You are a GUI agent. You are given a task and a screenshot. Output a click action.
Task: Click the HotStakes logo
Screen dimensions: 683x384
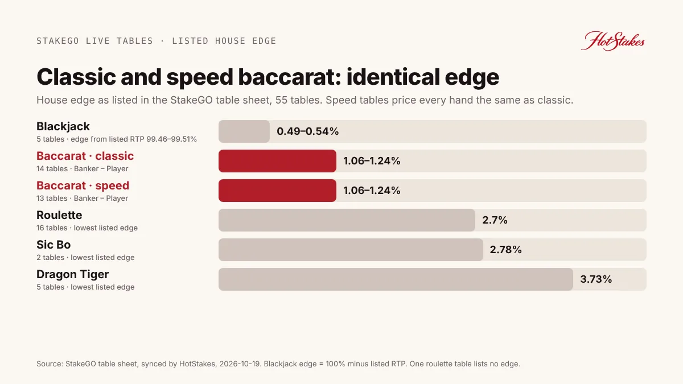point(613,41)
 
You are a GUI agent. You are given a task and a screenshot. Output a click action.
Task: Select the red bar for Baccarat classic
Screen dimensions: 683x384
point(278,161)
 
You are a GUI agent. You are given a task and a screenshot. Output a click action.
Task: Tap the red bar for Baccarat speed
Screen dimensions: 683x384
point(278,191)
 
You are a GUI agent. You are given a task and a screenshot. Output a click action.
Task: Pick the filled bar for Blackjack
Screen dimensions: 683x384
point(244,131)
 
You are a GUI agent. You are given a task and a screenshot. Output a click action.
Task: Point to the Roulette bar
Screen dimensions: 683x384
point(347,220)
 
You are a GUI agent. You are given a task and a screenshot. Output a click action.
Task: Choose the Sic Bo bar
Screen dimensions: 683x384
point(351,250)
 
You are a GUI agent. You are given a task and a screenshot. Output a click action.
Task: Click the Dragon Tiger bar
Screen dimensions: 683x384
point(396,279)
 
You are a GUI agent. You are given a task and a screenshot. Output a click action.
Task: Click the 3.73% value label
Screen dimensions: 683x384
point(596,279)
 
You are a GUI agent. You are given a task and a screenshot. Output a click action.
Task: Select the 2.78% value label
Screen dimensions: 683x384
point(505,250)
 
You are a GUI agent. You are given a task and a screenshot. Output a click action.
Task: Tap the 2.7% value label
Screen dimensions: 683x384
point(495,220)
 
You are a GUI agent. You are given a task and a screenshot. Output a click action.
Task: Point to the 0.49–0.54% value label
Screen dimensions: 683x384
point(308,131)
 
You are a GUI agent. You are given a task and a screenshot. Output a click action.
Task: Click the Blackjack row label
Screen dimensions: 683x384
point(63,126)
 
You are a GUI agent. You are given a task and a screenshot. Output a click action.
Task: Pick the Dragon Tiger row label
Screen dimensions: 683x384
point(73,274)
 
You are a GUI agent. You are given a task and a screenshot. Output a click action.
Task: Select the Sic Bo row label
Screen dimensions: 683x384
point(54,245)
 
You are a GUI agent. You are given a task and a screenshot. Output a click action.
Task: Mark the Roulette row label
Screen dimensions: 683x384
point(59,215)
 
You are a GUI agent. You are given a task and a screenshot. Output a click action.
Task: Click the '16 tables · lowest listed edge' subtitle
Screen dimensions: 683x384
point(87,228)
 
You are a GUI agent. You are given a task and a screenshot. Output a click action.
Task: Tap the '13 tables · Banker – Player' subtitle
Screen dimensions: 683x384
point(83,199)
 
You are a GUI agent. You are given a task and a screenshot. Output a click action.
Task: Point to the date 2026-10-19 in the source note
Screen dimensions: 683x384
point(240,364)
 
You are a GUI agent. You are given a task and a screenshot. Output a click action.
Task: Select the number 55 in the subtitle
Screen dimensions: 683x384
point(281,100)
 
